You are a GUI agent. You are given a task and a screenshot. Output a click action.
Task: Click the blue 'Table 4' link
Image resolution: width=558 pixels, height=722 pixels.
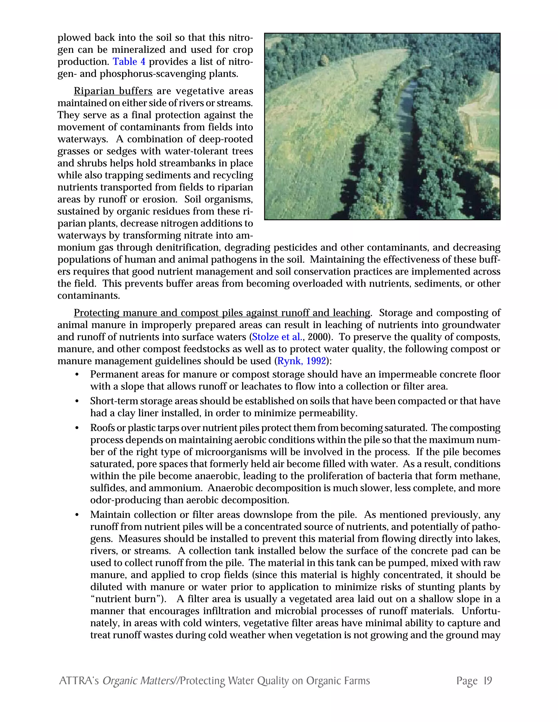click(x=129, y=62)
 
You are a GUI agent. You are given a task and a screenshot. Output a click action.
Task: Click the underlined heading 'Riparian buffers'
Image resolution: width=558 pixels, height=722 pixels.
click(x=113, y=91)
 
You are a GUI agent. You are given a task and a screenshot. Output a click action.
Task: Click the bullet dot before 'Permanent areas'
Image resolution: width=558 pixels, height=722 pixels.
click(x=77, y=375)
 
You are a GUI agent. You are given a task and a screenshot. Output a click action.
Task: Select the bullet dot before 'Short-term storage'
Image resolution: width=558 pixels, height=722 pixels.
click(x=77, y=401)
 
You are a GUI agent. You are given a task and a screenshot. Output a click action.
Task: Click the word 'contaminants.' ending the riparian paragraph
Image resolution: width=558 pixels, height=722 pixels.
click(x=89, y=296)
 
